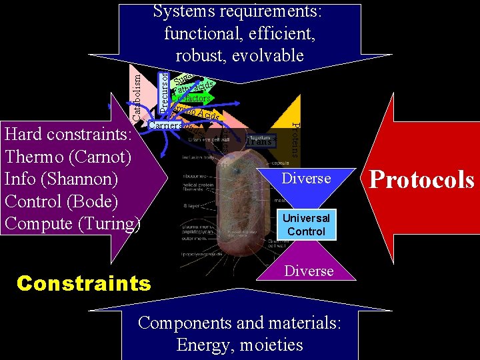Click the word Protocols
pyautogui.click(x=421, y=180)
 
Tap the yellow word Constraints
pyautogui.click(x=84, y=283)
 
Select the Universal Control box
pyautogui.click(x=305, y=225)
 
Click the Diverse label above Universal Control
pyautogui.click(x=307, y=178)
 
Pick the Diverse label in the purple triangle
pyautogui.click(x=309, y=271)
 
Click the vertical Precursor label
pyautogui.click(x=165, y=86)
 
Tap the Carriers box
pyautogui.click(x=165, y=125)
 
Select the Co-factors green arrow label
pyautogui.click(x=193, y=99)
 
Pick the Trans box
pyautogui.click(x=259, y=141)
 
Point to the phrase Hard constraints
pyautogui.click(x=69, y=135)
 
